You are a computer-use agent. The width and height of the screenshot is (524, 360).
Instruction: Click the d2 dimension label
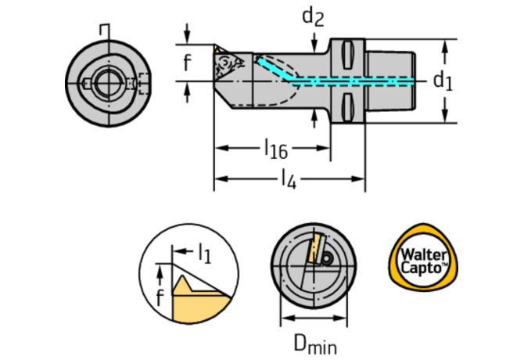[x=314, y=16]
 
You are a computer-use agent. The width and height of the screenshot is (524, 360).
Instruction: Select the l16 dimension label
[x=275, y=146]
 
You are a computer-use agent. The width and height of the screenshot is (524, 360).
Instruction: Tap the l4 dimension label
[x=288, y=179]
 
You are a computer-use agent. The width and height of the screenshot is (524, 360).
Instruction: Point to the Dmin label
[x=314, y=342]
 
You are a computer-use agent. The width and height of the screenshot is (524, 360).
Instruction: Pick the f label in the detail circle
[x=160, y=296]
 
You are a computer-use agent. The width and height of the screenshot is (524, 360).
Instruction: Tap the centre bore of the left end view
[x=102, y=81]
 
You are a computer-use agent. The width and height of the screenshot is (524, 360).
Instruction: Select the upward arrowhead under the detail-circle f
[x=160, y=271]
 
